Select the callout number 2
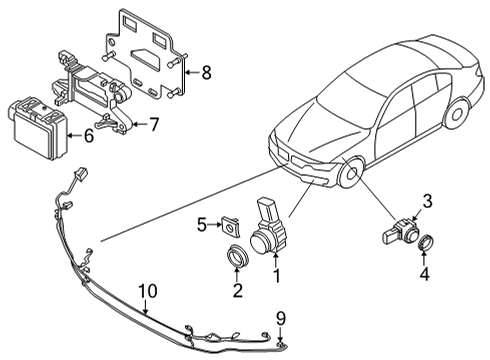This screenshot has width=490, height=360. (237, 290)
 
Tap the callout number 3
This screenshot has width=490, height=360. (426, 202)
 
